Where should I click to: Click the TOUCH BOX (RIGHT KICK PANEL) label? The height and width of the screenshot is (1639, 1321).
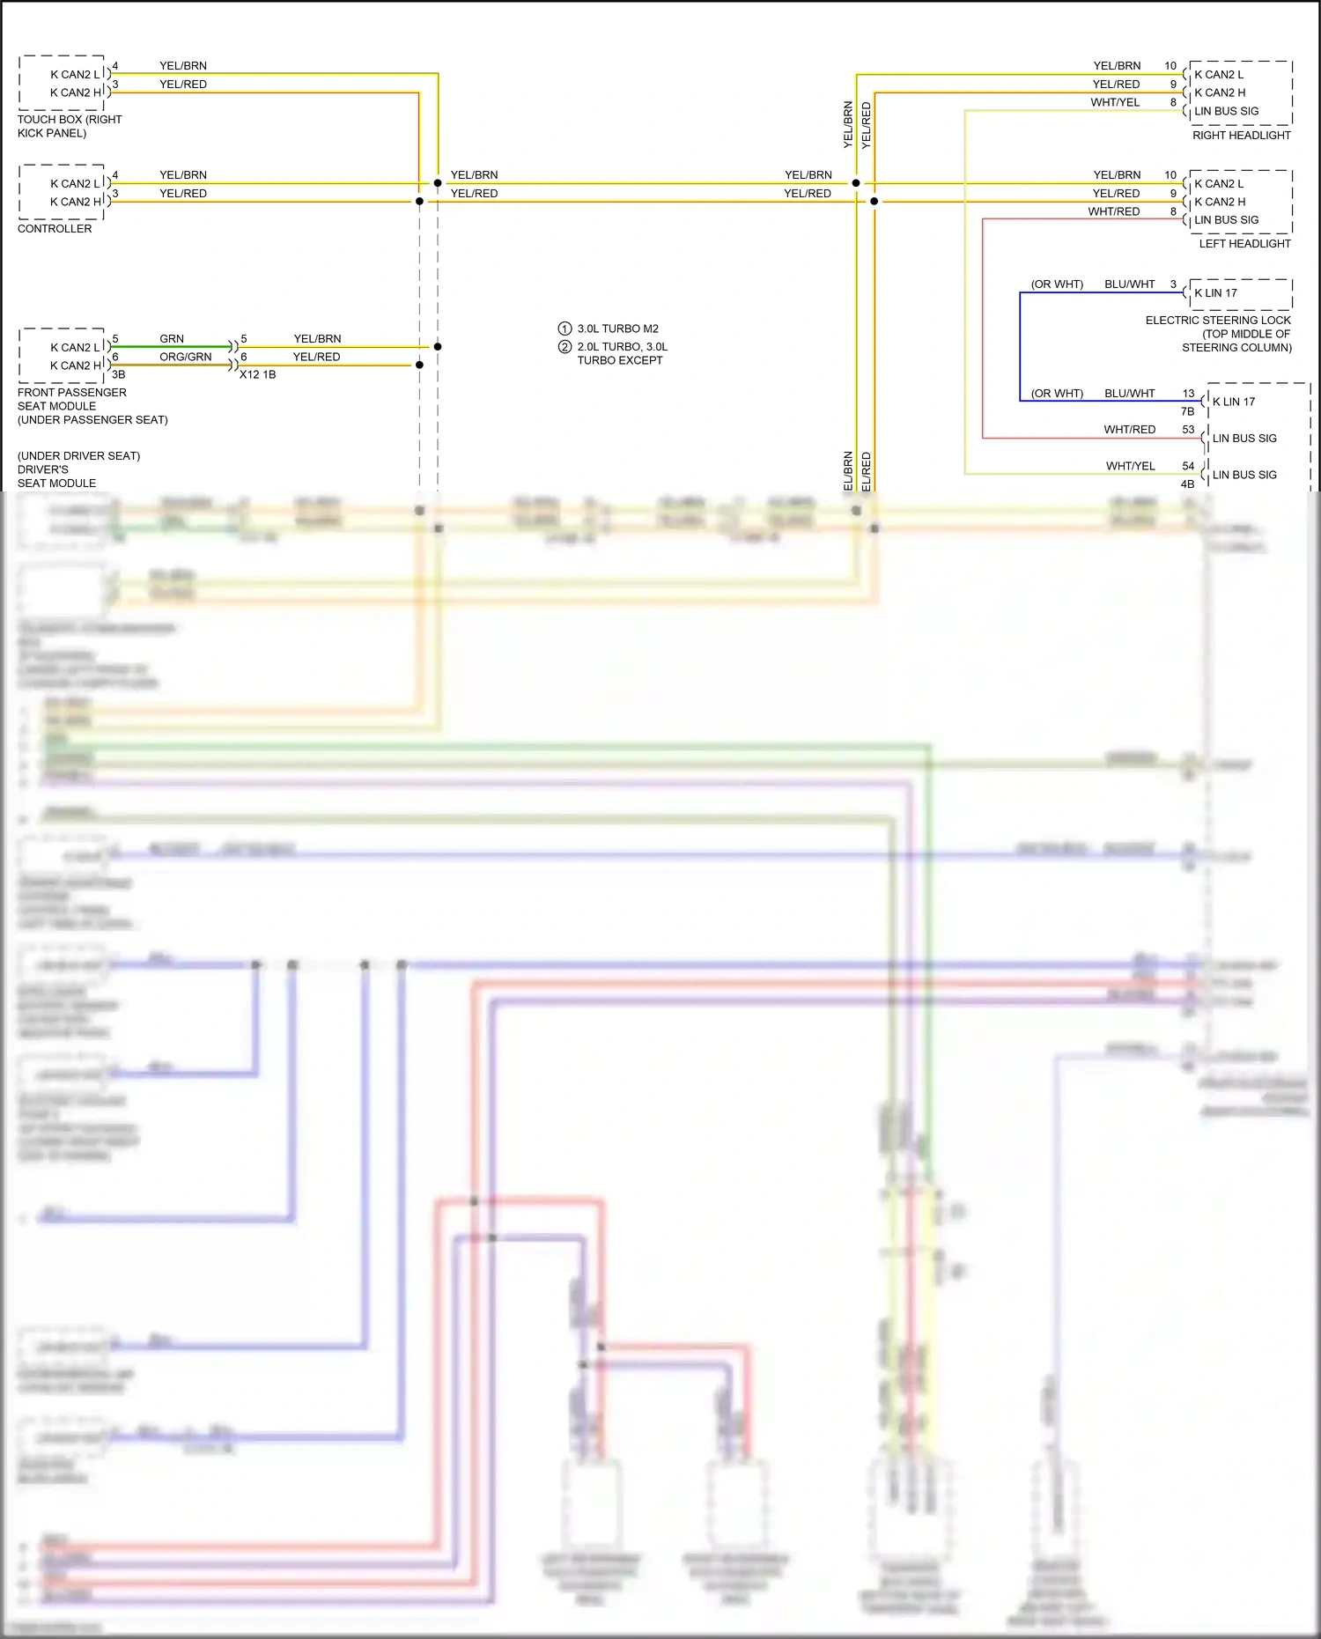pos(69,126)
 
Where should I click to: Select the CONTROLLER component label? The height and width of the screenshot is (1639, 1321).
pos(55,228)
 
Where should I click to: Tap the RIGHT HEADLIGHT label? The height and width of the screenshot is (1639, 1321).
pos(1241,135)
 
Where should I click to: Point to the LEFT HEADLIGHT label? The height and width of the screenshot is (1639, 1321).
pos(1244,243)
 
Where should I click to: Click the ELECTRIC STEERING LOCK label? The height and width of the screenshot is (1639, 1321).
pos(1218,321)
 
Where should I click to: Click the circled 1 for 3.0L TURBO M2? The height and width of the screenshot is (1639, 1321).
pos(565,329)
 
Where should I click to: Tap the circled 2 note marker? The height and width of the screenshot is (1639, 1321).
pos(565,347)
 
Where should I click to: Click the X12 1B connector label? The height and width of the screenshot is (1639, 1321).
pos(257,374)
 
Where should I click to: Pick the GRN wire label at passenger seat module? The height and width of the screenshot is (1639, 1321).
pos(172,338)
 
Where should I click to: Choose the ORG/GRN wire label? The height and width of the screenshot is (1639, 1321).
pos(185,357)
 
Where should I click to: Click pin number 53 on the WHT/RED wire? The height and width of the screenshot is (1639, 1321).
pos(1188,430)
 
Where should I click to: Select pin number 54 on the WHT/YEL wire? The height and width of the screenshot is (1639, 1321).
pos(1188,466)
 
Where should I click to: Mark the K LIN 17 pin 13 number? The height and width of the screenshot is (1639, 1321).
pos(1188,394)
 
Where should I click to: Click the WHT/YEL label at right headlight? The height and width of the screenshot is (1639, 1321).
pos(1115,102)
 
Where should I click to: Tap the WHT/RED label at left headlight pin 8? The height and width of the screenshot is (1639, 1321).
pos(1113,211)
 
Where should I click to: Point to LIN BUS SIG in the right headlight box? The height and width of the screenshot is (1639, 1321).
pos(1226,111)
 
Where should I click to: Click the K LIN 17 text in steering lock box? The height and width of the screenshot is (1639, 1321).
pos(1215,293)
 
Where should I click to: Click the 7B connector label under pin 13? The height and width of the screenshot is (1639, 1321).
pos(1187,411)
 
